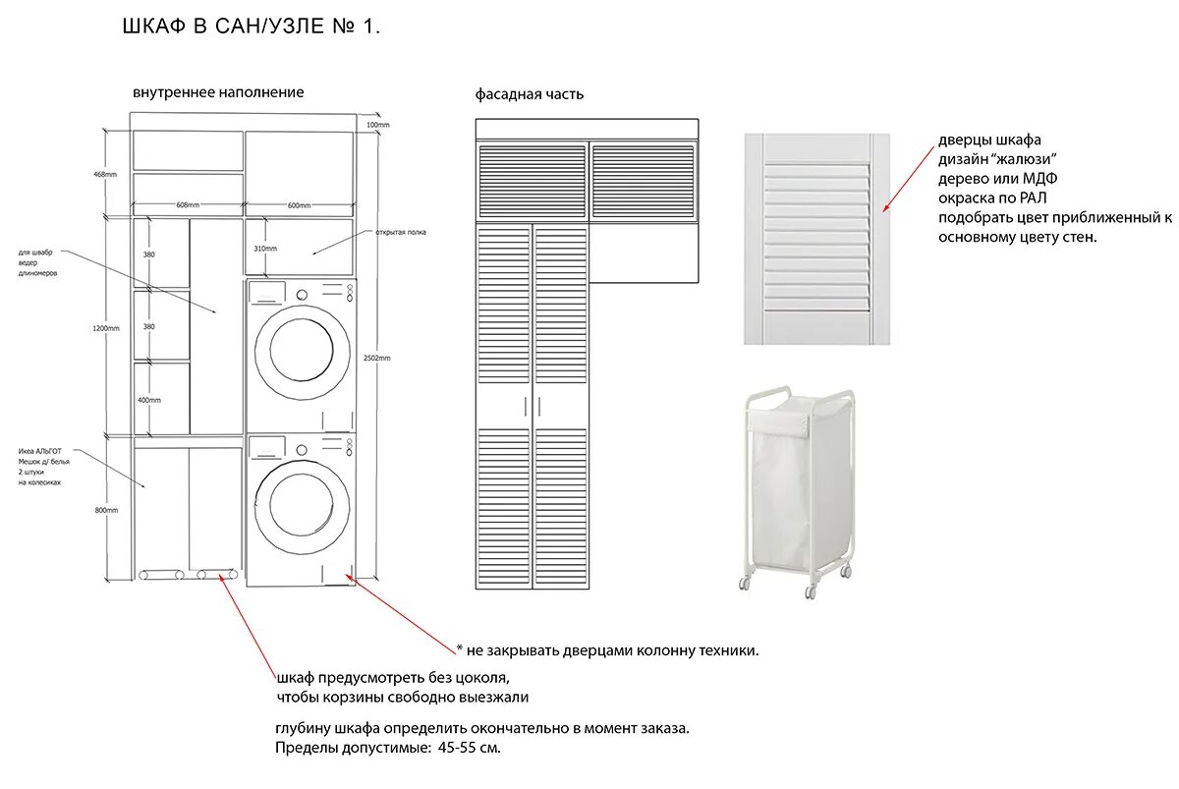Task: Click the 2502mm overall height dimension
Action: [376, 358]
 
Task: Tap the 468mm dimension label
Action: [105, 174]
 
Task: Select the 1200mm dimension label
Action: [106, 328]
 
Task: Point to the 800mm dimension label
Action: [105, 510]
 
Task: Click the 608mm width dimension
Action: [188, 205]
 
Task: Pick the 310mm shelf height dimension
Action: [264, 249]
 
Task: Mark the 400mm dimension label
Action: [149, 400]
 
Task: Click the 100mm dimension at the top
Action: [377, 125]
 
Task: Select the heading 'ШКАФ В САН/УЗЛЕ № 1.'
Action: [251, 28]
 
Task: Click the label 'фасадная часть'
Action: [530, 94]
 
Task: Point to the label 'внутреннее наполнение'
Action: [218, 92]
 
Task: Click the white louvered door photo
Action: [817, 239]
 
